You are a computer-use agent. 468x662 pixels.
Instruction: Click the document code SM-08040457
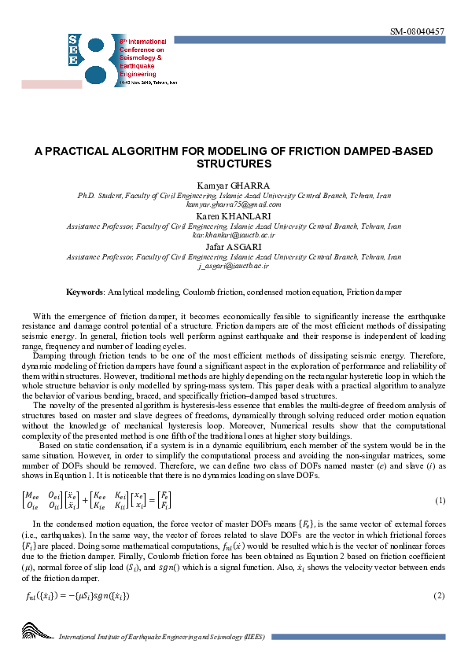click(x=418, y=31)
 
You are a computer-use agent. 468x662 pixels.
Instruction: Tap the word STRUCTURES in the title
click(x=234, y=164)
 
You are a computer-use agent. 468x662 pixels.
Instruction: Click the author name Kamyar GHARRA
click(x=234, y=185)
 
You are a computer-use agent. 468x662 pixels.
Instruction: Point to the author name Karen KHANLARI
click(x=234, y=215)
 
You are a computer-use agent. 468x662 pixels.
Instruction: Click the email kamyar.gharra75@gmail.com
click(x=234, y=204)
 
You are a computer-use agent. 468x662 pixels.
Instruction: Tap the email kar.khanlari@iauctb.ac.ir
click(x=234, y=234)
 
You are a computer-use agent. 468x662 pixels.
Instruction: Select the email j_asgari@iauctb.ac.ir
click(x=234, y=266)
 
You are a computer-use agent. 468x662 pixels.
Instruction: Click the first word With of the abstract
click(x=42, y=314)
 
